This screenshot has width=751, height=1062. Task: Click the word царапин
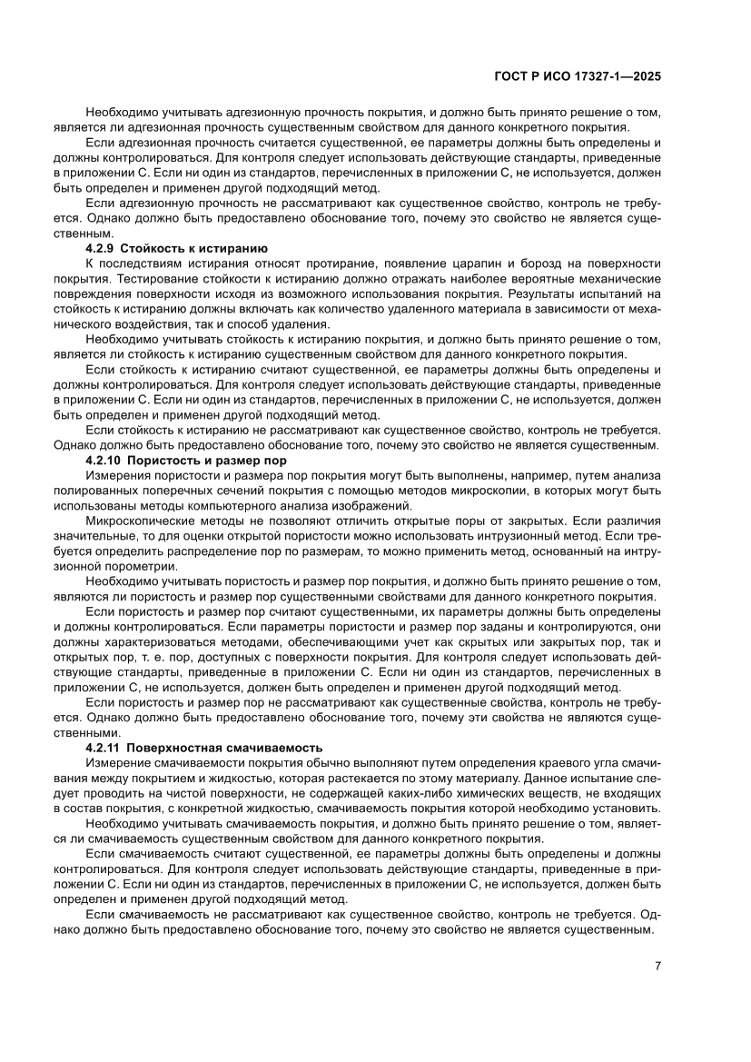(x=478, y=263)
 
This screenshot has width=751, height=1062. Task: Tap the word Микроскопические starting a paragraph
(x=140, y=521)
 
